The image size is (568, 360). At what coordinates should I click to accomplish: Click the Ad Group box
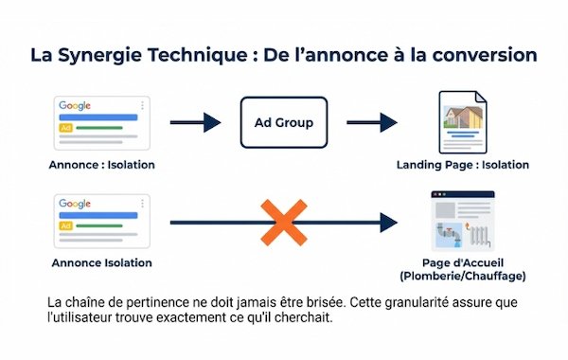pos(284,122)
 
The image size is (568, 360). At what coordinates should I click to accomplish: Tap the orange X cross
pos(282,224)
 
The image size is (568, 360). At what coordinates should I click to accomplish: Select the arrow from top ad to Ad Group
pos(195,122)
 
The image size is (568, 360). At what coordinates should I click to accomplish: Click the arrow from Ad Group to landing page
pos(371,122)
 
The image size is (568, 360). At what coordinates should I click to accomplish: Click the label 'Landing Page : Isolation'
pos(463,165)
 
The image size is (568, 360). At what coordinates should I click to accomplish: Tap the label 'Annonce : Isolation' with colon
pos(101,165)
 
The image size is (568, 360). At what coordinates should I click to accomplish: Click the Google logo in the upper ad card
pos(75,106)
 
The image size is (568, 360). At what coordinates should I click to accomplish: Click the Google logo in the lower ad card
pos(75,204)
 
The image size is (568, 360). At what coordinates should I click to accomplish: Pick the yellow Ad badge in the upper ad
pos(65,126)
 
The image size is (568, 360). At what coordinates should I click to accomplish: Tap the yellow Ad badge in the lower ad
pos(65,225)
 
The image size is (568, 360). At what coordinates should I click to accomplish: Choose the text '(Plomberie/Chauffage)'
pos(463,276)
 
